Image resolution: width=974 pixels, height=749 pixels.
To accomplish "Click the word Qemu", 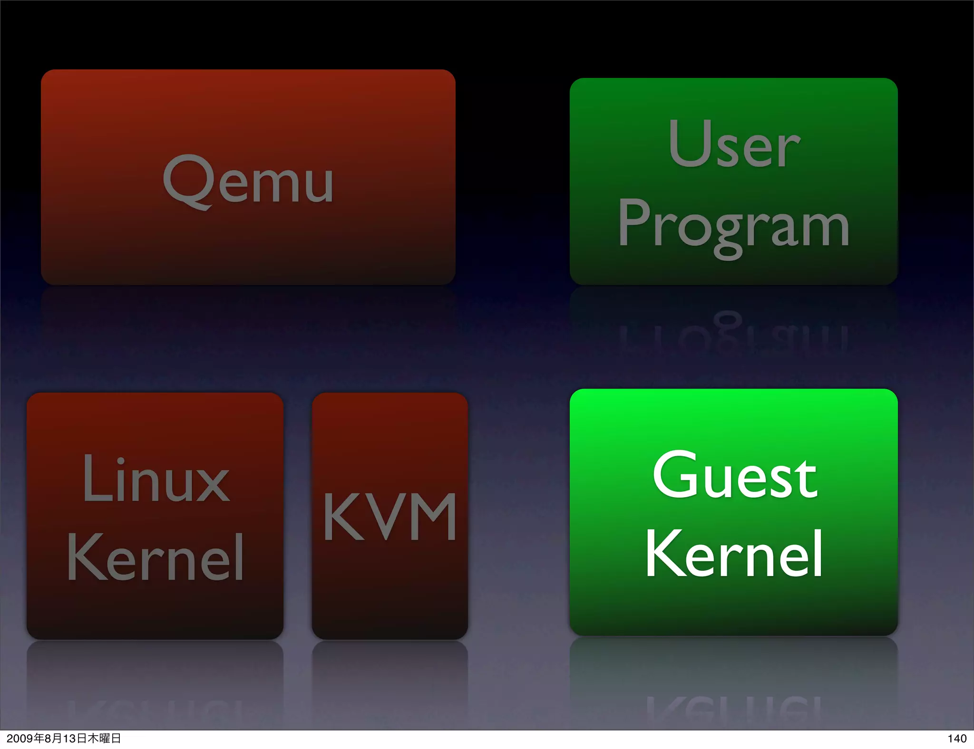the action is [248, 181].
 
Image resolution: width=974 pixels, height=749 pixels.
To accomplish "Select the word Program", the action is [734, 226].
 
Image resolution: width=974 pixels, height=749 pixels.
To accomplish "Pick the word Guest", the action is [735, 475].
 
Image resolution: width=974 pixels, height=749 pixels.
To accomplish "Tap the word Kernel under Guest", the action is [734, 554].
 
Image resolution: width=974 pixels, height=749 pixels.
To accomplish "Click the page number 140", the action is [956, 738].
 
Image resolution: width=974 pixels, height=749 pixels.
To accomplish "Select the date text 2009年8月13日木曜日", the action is [64, 738].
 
